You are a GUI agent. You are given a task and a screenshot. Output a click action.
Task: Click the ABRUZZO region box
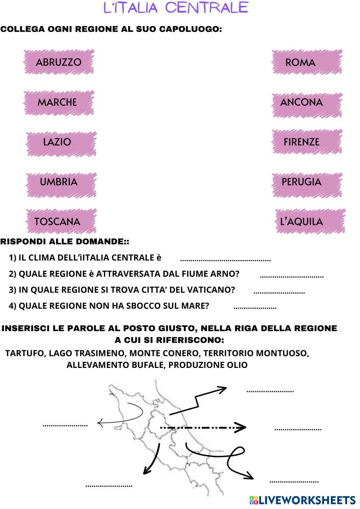tap(59, 62)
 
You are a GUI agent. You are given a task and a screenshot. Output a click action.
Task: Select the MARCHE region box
tap(59, 103)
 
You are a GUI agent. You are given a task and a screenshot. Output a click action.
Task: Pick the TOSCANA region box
tap(61, 221)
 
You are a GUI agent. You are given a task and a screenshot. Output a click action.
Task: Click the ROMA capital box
tap(306, 62)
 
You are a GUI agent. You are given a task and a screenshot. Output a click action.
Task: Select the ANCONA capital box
tap(306, 103)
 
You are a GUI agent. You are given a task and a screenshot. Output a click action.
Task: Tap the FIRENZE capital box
tap(306, 142)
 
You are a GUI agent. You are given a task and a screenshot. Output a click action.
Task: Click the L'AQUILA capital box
tap(309, 221)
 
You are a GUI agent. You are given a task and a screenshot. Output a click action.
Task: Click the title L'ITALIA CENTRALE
tap(176, 8)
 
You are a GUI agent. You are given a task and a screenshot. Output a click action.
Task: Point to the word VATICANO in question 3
tap(212, 290)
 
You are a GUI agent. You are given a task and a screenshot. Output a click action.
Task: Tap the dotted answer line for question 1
tap(225, 260)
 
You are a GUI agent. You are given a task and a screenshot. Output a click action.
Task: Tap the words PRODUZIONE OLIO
tap(208, 365)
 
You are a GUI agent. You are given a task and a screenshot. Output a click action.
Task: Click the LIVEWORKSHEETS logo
tap(302, 500)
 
